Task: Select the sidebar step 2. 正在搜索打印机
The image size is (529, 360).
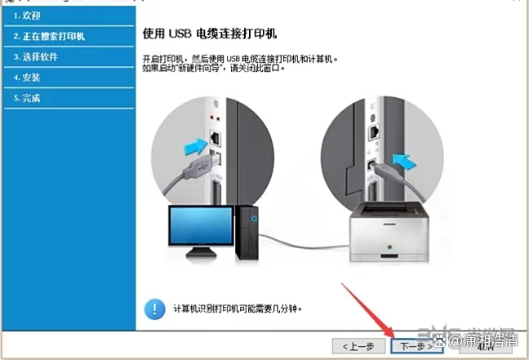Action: pyautogui.click(x=49, y=36)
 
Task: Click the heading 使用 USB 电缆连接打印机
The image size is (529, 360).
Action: pyautogui.click(x=210, y=34)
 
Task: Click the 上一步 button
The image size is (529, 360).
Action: pyautogui.click(x=358, y=346)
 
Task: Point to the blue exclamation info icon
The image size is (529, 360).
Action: pyautogui.click(x=154, y=309)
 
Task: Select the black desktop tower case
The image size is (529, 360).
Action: pyautogui.click(x=247, y=233)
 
